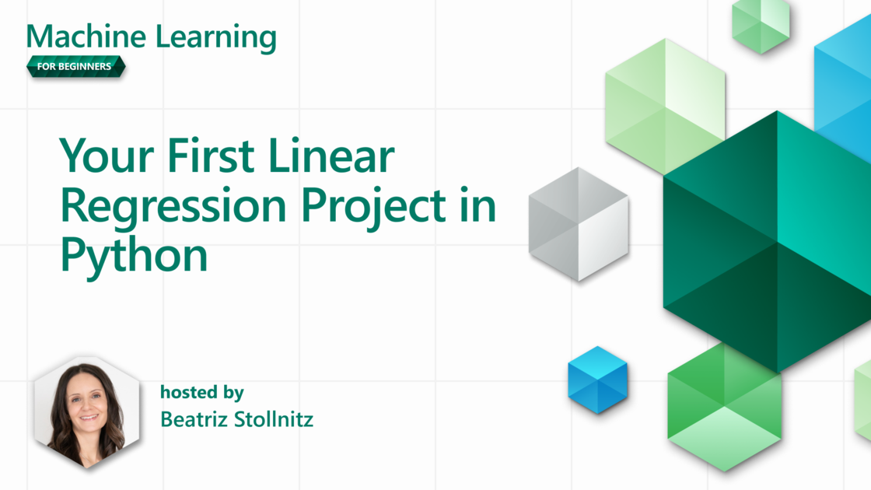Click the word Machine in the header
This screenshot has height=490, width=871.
[86, 37]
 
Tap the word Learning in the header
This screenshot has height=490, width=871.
[216, 38]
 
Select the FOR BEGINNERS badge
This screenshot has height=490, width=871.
[75, 67]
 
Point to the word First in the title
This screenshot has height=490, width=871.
[211, 156]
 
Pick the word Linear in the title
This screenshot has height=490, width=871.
[331, 156]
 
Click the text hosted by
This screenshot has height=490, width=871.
[201, 392]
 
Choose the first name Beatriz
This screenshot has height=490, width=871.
[194, 419]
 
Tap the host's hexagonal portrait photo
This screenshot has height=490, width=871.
[86, 413]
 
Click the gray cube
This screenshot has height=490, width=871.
[579, 225]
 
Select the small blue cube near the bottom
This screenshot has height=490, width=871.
[598, 380]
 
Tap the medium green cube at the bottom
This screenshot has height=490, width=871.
[724, 408]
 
